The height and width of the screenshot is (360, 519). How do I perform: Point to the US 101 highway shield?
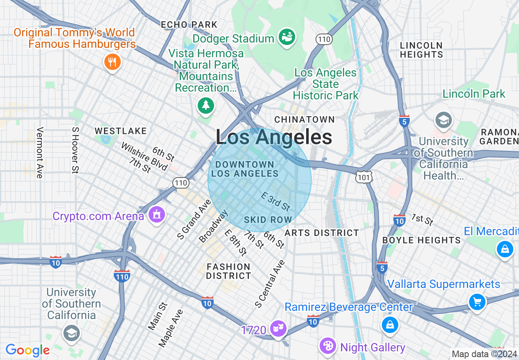(364, 176)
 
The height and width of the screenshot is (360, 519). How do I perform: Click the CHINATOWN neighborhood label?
(305, 119)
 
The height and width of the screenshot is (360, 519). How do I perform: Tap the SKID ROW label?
(268, 220)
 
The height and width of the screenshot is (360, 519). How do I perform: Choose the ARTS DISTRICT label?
(322, 233)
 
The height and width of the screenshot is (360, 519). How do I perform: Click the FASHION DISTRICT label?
(228, 271)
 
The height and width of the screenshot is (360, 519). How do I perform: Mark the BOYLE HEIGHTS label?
(422, 240)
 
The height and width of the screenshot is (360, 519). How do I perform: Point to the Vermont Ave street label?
(40, 153)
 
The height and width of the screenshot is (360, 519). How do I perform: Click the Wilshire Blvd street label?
(144, 156)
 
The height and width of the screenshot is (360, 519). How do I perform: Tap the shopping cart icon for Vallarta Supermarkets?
(477, 302)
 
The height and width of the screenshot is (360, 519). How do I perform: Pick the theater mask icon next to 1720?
(278, 329)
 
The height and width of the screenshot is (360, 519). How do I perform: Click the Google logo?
(27, 350)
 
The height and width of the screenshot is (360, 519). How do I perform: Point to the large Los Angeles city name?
(274, 137)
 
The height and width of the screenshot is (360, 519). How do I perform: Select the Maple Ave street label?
(171, 328)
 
